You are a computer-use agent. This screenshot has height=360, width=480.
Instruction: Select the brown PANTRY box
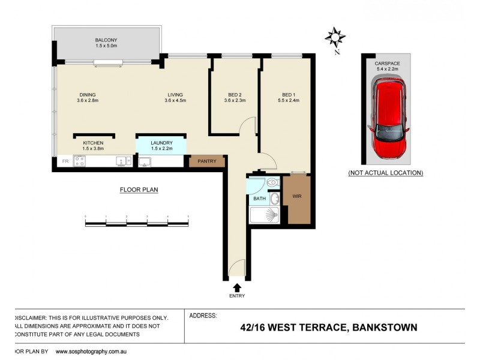207,161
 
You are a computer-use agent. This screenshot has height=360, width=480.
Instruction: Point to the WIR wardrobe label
297,196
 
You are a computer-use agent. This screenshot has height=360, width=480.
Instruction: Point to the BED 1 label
289,94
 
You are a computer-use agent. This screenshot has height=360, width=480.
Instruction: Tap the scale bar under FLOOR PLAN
137,223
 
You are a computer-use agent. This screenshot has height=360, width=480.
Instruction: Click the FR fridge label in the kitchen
64,161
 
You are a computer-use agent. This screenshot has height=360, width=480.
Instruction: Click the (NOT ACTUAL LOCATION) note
386,173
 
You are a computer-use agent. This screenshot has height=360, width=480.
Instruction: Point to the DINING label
88,94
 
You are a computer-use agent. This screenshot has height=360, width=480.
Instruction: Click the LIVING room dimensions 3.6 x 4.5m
175,101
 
